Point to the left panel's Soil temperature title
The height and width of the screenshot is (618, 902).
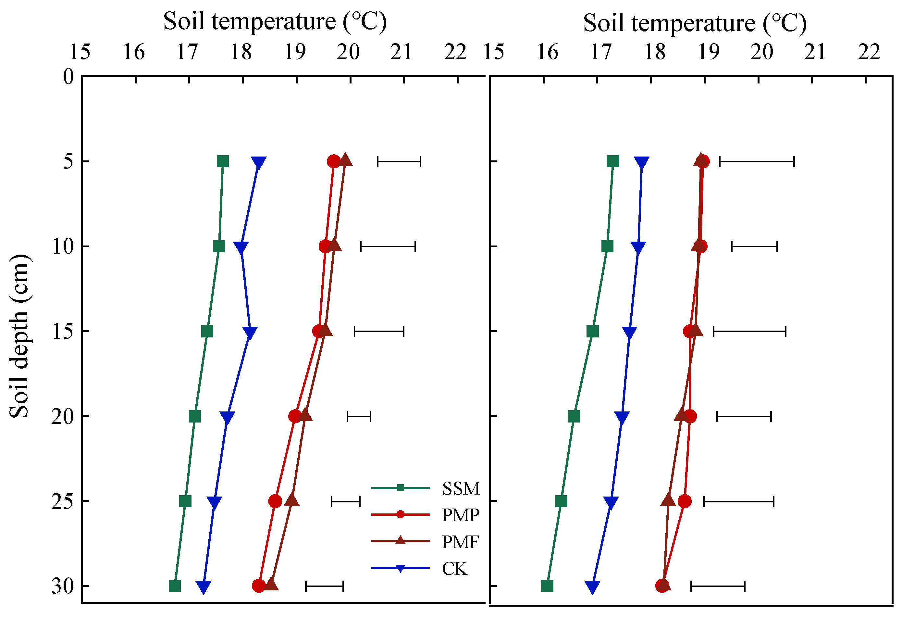pyautogui.click(x=275, y=21)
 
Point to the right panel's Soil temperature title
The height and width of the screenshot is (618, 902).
pyautogui.click(x=695, y=23)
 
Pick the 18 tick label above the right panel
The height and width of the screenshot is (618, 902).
pyautogui.click(x=655, y=52)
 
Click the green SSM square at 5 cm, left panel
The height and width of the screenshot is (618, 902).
pyautogui.click(x=222, y=161)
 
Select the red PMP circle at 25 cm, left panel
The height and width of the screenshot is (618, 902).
pyautogui.click(x=275, y=501)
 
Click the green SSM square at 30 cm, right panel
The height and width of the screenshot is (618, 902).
pyautogui.click(x=547, y=586)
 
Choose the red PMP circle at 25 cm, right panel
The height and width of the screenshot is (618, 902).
pyautogui.click(x=685, y=501)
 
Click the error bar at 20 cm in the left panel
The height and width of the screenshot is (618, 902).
pyautogui.click(x=359, y=416)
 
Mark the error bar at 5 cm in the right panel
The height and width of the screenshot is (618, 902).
pyautogui.click(x=757, y=161)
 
